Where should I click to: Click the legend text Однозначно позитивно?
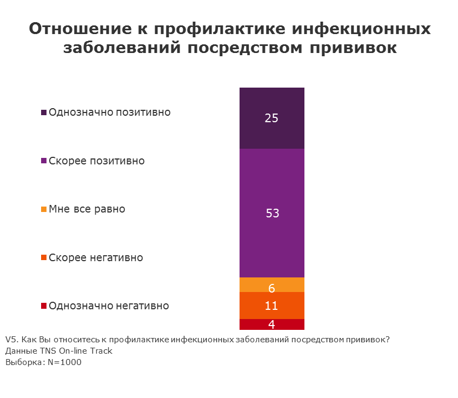110,112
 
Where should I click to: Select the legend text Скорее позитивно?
97,161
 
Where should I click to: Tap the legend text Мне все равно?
87,209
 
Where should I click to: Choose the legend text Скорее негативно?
96,257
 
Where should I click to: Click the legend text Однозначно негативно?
109,306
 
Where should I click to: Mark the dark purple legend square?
44,113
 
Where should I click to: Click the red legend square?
44,306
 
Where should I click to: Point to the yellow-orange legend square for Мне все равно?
44,209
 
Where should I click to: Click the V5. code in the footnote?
11,340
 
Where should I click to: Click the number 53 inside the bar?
272,214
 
